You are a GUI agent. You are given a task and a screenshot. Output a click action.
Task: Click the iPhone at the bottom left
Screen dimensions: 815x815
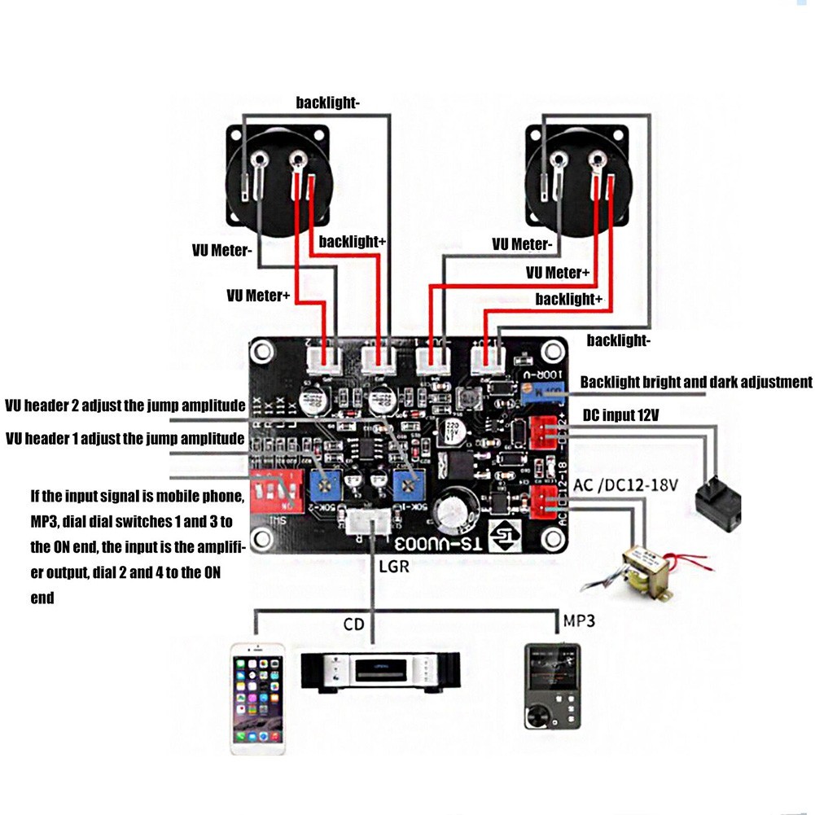(257, 699)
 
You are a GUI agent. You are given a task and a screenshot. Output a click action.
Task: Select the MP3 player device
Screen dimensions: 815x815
(552, 685)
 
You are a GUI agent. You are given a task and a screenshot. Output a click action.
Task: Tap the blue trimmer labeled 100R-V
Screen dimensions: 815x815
(543, 393)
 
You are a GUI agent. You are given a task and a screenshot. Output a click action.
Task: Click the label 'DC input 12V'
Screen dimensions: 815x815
(620, 415)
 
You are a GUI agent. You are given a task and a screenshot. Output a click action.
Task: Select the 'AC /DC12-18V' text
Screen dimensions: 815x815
(629, 485)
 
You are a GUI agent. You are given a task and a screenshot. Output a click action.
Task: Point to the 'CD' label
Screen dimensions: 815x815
(354, 624)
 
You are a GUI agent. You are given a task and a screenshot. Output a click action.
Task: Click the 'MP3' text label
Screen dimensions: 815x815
(579, 621)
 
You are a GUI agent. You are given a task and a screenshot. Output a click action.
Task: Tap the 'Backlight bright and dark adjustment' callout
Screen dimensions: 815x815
(696, 382)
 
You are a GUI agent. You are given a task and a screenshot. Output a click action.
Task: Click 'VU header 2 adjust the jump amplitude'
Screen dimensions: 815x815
(125, 405)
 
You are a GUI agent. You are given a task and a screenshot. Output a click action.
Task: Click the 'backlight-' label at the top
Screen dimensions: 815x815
(328, 103)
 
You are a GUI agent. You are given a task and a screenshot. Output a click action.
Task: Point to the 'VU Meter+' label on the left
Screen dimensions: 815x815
(258, 296)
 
